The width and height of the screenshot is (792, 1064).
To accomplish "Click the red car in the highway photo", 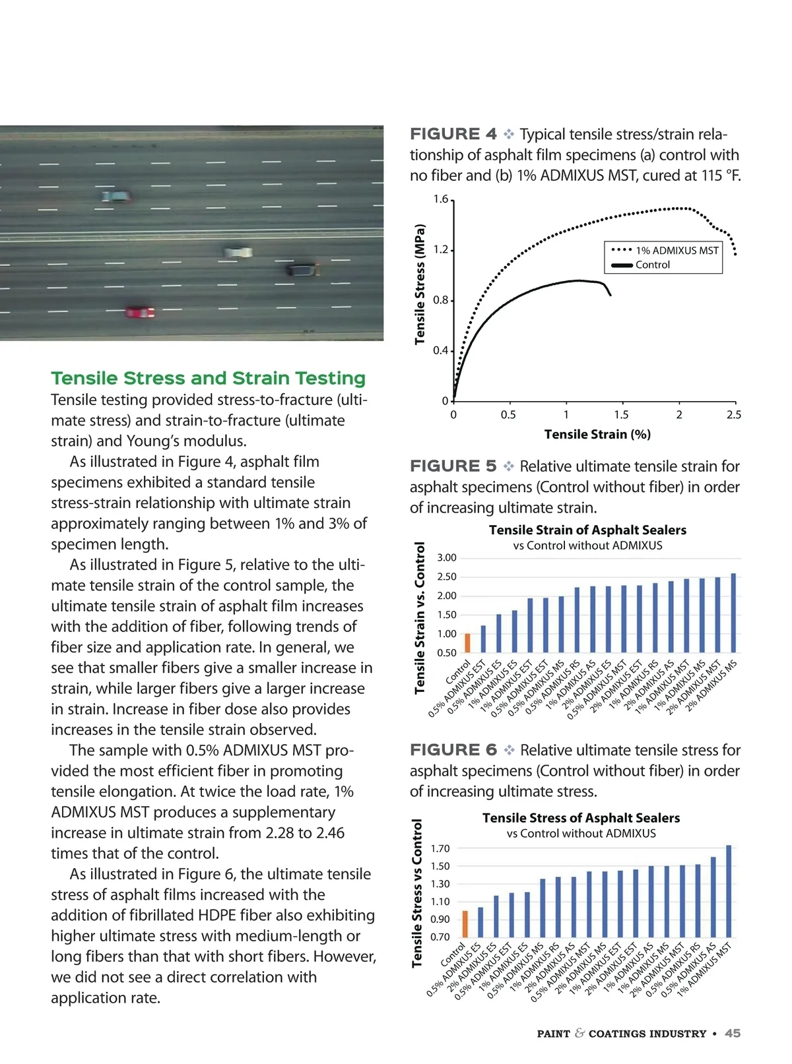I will [140, 312].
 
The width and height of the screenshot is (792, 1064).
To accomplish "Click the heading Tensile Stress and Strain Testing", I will [209, 378].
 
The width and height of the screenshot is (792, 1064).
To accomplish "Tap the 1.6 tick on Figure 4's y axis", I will [440, 199].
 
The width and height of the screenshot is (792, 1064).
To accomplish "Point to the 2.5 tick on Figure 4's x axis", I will [734, 415].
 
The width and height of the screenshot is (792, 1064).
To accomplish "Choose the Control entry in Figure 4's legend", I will [652, 265].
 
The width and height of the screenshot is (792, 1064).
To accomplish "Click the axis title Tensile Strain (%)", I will [597, 434].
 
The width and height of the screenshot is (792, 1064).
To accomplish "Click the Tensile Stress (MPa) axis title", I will [420, 285].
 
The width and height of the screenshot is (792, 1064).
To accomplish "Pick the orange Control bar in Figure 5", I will [468, 643].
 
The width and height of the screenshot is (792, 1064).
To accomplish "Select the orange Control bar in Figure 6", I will [465, 923].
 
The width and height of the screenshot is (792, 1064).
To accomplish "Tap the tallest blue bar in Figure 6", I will [729, 891].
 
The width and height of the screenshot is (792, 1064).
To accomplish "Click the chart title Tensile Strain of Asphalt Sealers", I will [587, 530].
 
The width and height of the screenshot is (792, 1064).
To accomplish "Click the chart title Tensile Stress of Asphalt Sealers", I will [581, 818].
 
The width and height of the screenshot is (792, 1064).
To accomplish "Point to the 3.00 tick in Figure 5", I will [447, 558].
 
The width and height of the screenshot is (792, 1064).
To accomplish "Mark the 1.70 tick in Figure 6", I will [440, 849].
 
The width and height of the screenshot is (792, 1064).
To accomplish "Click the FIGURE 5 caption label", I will [453, 466].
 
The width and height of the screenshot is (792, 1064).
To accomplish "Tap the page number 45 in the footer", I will [733, 1034].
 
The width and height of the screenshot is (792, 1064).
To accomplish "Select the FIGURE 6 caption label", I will [453, 750].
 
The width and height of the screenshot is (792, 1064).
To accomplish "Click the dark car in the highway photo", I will [302, 269].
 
